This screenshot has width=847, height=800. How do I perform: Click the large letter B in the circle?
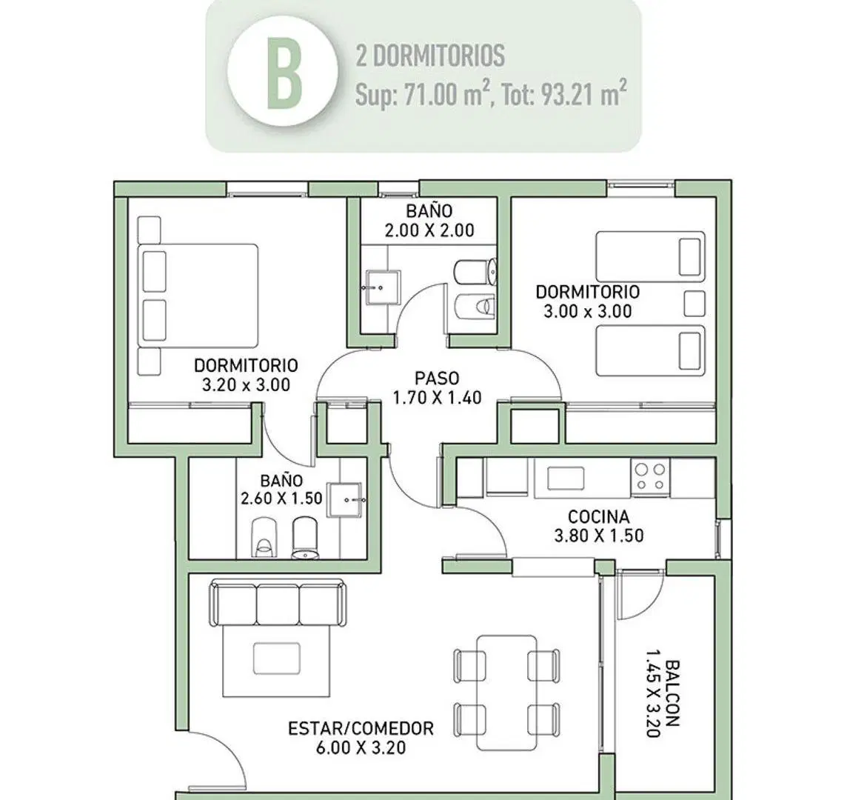[284, 74]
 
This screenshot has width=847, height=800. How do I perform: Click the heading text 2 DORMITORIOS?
[430, 56]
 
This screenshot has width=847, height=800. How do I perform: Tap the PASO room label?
[437, 377]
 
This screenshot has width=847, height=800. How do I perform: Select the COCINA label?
[598, 517]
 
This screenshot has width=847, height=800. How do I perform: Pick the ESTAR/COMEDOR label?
[361, 728]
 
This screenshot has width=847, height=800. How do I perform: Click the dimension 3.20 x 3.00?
[246, 385]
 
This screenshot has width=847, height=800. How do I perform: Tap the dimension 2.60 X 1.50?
[281, 498]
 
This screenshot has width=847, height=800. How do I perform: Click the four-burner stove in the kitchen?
[650, 477]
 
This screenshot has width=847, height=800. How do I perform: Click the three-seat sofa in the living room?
[278, 603]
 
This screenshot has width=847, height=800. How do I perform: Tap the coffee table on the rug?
[277, 659]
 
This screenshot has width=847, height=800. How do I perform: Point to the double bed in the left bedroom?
[198, 295]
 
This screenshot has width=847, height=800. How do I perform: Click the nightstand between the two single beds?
[694, 304]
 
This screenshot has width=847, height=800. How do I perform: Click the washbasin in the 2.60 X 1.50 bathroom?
[346, 500]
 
